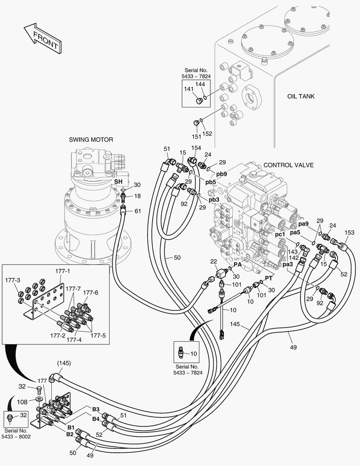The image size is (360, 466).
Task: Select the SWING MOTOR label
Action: (91, 139)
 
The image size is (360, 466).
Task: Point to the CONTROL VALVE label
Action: (288, 165)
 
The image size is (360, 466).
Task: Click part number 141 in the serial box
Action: (189, 88)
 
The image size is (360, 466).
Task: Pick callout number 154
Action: (196, 148)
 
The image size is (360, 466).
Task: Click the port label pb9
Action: (222, 173)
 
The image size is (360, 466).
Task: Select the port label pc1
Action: (280, 234)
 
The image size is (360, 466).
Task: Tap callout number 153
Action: (350, 233)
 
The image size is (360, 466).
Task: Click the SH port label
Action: (118, 182)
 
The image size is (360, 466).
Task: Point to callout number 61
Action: (138, 211)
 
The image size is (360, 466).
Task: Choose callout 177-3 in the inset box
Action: (13, 280)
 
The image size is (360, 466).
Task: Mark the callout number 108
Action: (22, 402)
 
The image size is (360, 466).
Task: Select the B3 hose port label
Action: (95, 409)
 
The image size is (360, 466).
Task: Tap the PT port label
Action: (269, 278)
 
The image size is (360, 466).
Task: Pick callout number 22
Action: (213, 262)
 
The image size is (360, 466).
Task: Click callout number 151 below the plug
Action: (196, 136)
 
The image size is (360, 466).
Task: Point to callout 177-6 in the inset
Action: (91, 293)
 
